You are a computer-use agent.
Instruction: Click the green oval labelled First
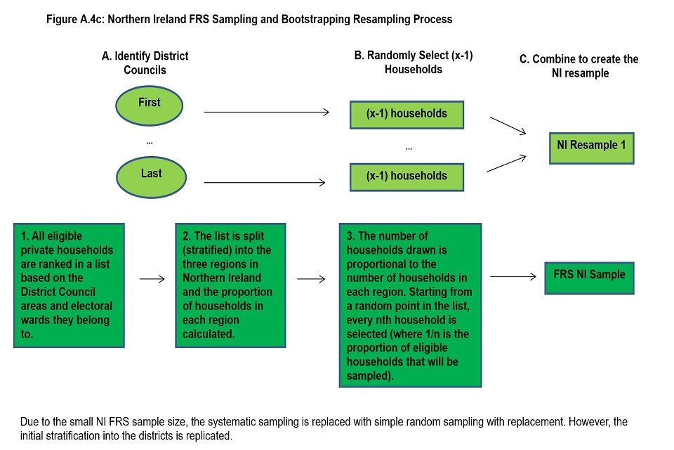149,105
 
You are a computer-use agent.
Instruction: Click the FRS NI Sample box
589,276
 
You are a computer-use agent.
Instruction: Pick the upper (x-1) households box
407,113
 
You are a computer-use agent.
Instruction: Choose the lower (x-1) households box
407,176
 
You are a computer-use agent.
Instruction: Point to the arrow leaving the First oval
267,112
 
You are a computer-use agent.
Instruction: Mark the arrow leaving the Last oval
264,183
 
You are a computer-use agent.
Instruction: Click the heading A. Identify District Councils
145,62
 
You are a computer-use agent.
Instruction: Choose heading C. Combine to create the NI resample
579,65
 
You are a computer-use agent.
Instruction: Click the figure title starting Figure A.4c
249,20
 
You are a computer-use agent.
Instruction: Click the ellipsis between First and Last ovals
149,141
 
